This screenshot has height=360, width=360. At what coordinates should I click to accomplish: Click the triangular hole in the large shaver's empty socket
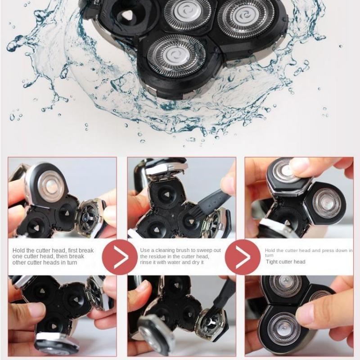coord(126,16)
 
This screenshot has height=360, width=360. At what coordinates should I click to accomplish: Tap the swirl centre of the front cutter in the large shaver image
coord(176,55)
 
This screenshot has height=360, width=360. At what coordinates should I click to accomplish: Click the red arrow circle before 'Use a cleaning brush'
coord(120,257)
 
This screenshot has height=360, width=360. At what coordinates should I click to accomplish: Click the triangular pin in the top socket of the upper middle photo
coord(166,195)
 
